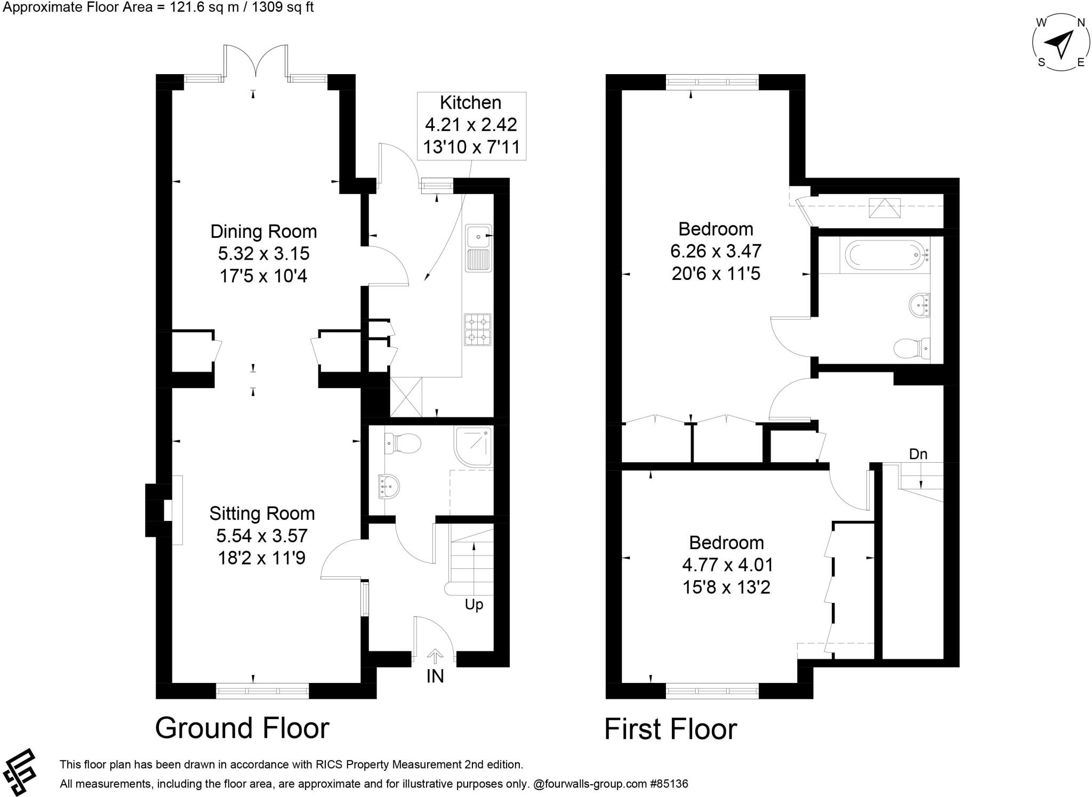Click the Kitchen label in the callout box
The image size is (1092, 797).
(470, 102)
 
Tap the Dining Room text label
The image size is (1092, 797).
(263, 231)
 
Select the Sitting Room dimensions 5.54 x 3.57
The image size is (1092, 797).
(262, 536)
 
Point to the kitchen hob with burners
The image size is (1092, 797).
(477, 330)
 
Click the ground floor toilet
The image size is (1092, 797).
(403, 443)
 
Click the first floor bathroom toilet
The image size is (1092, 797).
(911, 349)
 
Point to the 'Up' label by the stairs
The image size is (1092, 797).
(473, 605)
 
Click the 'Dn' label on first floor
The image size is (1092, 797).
(918, 454)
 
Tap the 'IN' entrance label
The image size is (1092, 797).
(435, 676)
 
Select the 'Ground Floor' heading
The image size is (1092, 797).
(242, 728)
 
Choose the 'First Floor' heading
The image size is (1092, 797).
(670, 729)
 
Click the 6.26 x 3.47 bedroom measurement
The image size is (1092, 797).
(716, 251)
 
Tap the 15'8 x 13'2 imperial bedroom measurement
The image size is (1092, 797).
(726, 587)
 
